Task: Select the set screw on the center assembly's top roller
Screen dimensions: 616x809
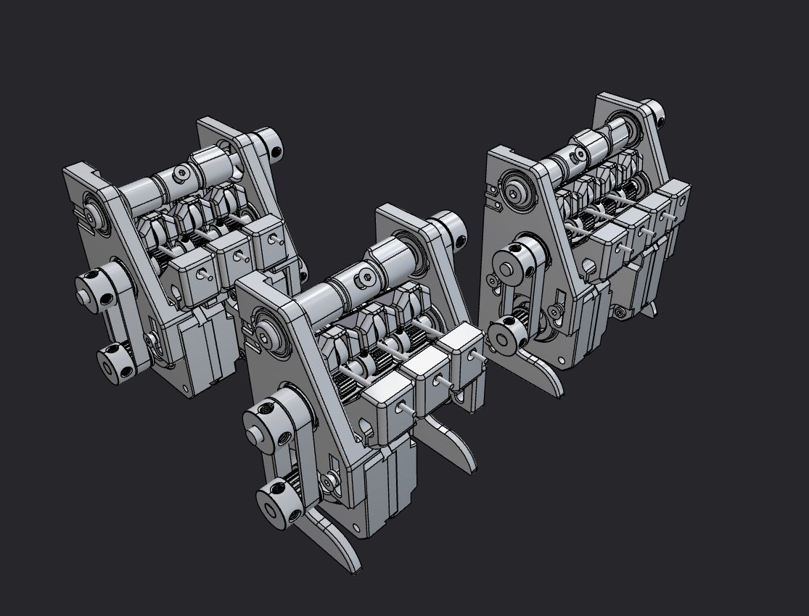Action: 366,277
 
